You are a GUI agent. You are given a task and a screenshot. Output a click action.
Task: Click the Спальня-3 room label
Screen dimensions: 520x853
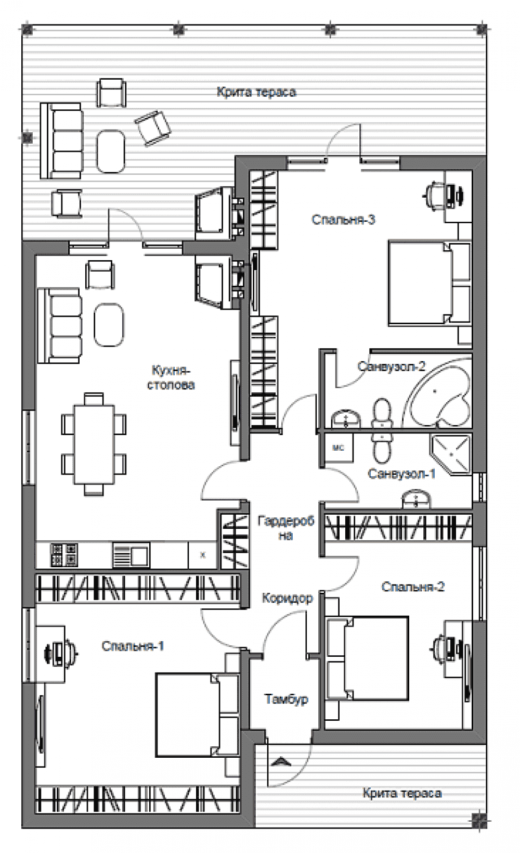343,220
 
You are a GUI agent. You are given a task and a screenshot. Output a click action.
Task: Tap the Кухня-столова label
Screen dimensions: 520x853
171,377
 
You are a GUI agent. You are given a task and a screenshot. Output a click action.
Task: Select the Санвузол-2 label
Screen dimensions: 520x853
391,366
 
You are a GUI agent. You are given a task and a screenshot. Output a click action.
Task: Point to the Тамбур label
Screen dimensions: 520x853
286,699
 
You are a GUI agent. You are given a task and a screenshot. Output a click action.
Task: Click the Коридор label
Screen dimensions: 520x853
288,598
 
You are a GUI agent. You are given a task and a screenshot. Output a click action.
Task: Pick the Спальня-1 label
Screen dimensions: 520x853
133,646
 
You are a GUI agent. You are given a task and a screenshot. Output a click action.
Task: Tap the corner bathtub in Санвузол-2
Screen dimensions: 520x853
437,397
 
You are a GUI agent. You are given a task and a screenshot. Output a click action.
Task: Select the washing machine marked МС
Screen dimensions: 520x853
339,448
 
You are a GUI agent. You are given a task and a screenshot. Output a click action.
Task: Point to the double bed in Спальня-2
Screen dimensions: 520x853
367,658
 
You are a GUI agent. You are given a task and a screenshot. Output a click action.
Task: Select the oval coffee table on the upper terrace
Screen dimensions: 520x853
110,151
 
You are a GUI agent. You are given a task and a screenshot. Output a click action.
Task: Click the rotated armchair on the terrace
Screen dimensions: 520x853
152,128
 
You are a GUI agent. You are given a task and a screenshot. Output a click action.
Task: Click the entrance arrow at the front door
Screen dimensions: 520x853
281,760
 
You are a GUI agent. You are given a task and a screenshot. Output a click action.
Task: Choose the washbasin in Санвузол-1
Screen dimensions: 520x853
417,499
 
